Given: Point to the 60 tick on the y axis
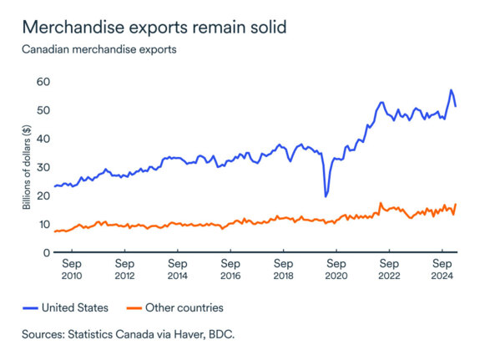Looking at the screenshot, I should click(43, 82).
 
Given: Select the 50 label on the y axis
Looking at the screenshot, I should click(43, 110).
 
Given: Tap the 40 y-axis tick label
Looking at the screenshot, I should click(43, 139).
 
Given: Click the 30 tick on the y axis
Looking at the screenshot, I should click(43, 167).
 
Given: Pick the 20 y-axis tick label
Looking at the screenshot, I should click(43, 195).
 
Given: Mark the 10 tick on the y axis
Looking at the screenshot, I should click(43, 224).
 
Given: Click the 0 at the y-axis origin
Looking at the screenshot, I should click(47, 252).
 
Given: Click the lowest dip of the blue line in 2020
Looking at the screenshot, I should click(326, 196).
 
